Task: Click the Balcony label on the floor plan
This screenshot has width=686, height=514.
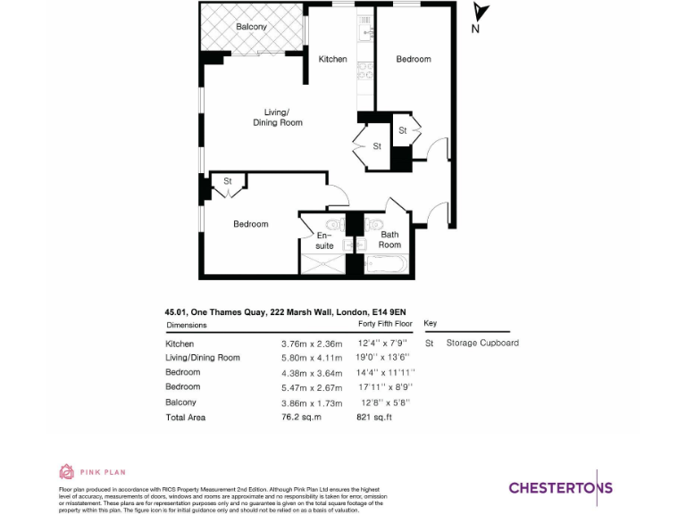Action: point(251,27)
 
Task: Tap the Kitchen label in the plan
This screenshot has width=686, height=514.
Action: point(333,59)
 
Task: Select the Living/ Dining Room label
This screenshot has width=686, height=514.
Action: point(277,117)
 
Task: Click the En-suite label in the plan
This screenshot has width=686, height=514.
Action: point(324,240)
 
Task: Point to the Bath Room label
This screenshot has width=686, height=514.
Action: point(389,240)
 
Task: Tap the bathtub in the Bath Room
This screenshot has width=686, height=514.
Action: point(387,264)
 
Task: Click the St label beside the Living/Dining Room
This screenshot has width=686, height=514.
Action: point(377,145)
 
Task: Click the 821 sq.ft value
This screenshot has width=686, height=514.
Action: point(374,417)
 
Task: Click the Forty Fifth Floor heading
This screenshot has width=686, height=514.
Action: point(384,325)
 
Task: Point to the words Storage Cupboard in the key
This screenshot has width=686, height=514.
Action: point(482,343)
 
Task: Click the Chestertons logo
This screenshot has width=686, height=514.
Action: point(561,487)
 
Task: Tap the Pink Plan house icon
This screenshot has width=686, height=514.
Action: point(66,472)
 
